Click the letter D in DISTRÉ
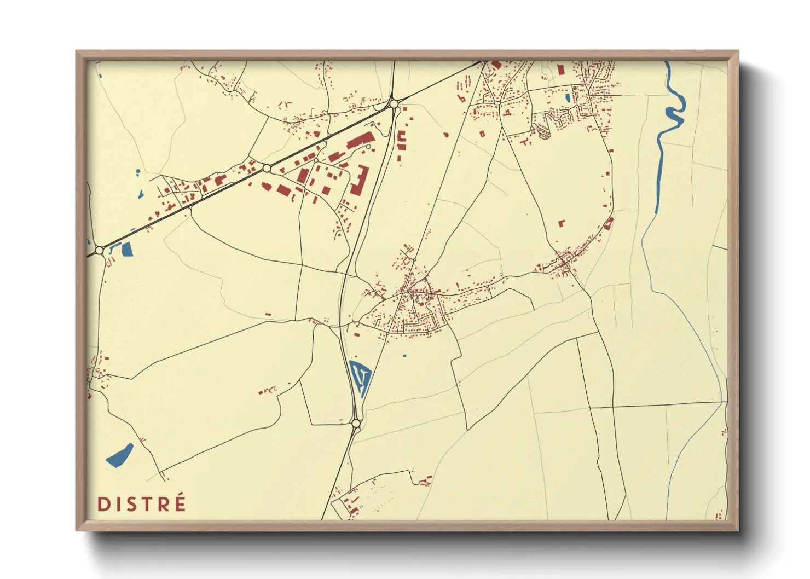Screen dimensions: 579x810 pyautogui.click(x=103, y=504)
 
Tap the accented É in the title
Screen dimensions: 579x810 pyautogui.click(x=178, y=503)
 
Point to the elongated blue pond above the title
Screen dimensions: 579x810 pyautogui.click(x=120, y=455)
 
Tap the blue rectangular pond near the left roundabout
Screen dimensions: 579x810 pyautogui.click(x=128, y=249)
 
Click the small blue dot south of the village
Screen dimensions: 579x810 pyautogui.click(x=404, y=356)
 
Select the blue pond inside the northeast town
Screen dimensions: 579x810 pyautogui.click(x=568, y=99)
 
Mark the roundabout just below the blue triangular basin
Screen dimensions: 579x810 pyautogui.click(x=356, y=423)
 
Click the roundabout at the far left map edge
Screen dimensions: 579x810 pyautogui.click(x=99, y=250)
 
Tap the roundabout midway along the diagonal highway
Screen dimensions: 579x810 pyautogui.click(x=267, y=168)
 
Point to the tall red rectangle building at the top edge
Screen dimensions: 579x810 pyautogui.click(x=560, y=70)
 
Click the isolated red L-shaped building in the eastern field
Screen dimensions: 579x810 pyautogui.click(x=561, y=223)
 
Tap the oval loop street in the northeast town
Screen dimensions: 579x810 pyautogui.click(x=543, y=131)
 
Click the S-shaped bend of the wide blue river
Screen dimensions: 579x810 pyautogui.click(x=675, y=112)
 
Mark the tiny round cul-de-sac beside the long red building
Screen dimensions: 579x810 pyautogui.click(x=369, y=147)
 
